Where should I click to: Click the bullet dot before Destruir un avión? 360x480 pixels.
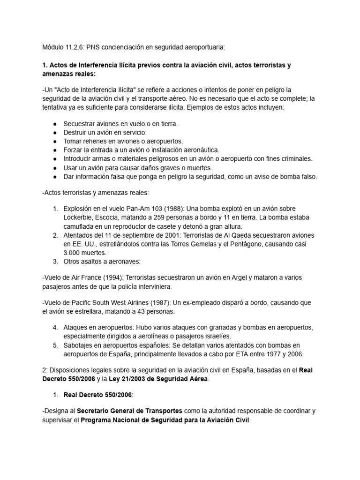point(55,133)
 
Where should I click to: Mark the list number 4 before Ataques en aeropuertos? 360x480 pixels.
point(54,327)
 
